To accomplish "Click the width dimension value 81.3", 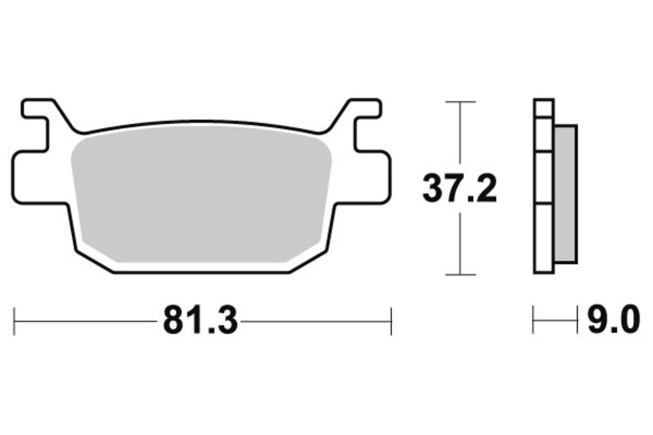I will tap(200, 321).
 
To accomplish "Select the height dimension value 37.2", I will tap(459, 189).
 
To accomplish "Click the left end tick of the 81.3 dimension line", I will tap(16, 321).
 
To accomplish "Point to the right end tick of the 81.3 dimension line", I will tap(392, 321).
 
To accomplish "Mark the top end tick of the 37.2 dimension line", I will tap(461, 102).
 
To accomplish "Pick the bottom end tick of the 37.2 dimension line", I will tap(461, 275).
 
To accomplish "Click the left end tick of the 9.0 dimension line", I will tap(534, 321).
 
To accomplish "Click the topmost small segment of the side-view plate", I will tap(544, 109).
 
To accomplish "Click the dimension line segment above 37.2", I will tap(461, 135).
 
